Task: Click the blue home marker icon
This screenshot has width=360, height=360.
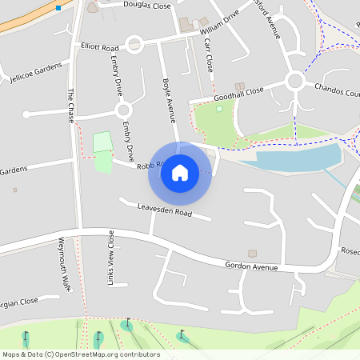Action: coord(180,173)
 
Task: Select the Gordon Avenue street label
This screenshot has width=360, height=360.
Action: coord(251,266)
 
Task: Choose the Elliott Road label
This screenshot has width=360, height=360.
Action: coord(99,46)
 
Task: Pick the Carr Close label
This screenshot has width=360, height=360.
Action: coord(210,54)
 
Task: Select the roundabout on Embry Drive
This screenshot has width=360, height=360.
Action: coord(122,110)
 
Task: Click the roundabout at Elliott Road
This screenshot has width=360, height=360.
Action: coord(133,44)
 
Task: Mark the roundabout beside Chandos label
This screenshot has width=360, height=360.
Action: coord(295,81)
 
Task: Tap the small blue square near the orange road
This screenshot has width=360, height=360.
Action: coord(58,8)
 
